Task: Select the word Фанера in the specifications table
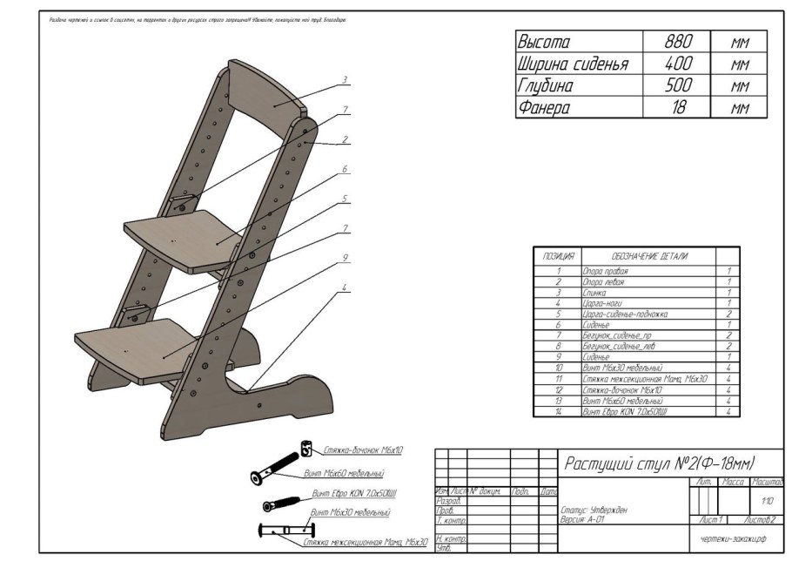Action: click(544, 108)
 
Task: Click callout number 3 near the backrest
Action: click(345, 80)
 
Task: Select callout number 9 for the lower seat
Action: click(345, 258)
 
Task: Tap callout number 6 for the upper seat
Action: click(345, 168)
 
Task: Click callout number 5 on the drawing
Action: click(345, 199)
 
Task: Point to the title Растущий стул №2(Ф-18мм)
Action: click(659, 463)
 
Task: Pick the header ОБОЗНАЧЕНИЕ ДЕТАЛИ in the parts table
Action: click(649, 257)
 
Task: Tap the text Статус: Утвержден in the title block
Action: click(594, 510)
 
